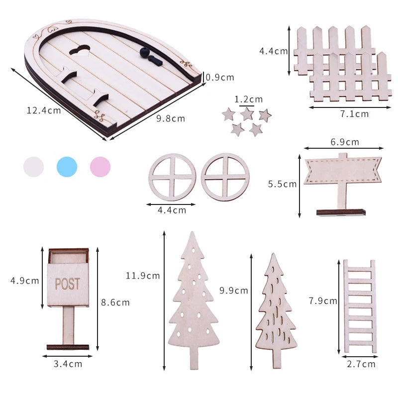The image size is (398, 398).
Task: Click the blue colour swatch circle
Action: click(x=67, y=167)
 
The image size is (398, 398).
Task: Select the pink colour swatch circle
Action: click(x=100, y=167)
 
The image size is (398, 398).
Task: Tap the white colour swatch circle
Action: click(x=33, y=167)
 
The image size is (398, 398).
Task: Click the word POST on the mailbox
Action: click(x=68, y=284)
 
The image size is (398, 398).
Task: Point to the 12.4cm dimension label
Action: click(x=44, y=110)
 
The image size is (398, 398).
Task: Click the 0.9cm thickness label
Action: click(x=220, y=78)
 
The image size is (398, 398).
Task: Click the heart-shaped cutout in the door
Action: click(x=80, y=50)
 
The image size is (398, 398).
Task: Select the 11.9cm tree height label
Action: click(x=143, y=276)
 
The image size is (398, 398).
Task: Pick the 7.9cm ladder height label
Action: click(x=323, y=301)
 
